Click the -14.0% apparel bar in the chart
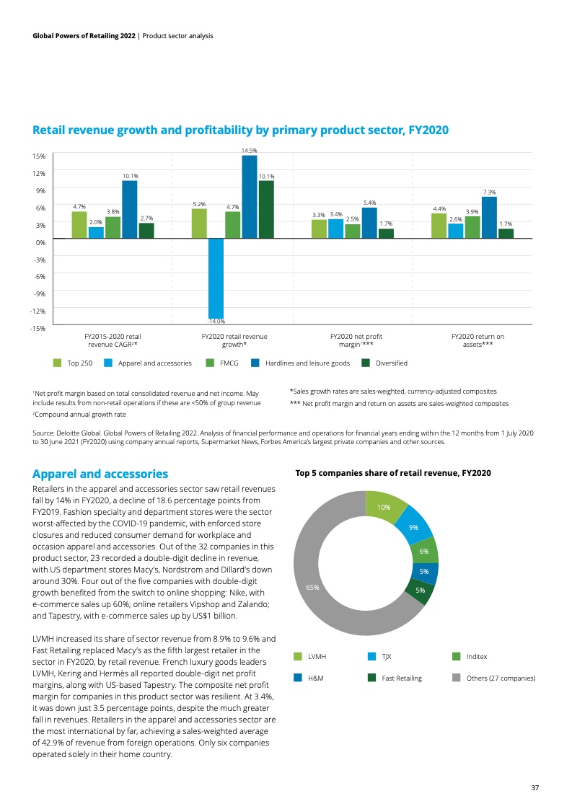pos(216,277)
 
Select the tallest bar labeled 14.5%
pos(250,196)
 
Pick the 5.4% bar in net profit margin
pos(369,223)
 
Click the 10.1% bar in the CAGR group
pos(130,209)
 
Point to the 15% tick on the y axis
pos(40,156)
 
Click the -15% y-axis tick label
pos(39,328)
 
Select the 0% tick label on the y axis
pos(41,242)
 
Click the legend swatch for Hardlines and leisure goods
pos(255,363)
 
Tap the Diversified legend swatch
pos(366,363)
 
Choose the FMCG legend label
pos(229,363)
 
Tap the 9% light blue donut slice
pos(414,526)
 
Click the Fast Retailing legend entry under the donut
pos(402,678)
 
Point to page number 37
pos(534,787)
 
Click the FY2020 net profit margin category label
pos(356,340)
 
